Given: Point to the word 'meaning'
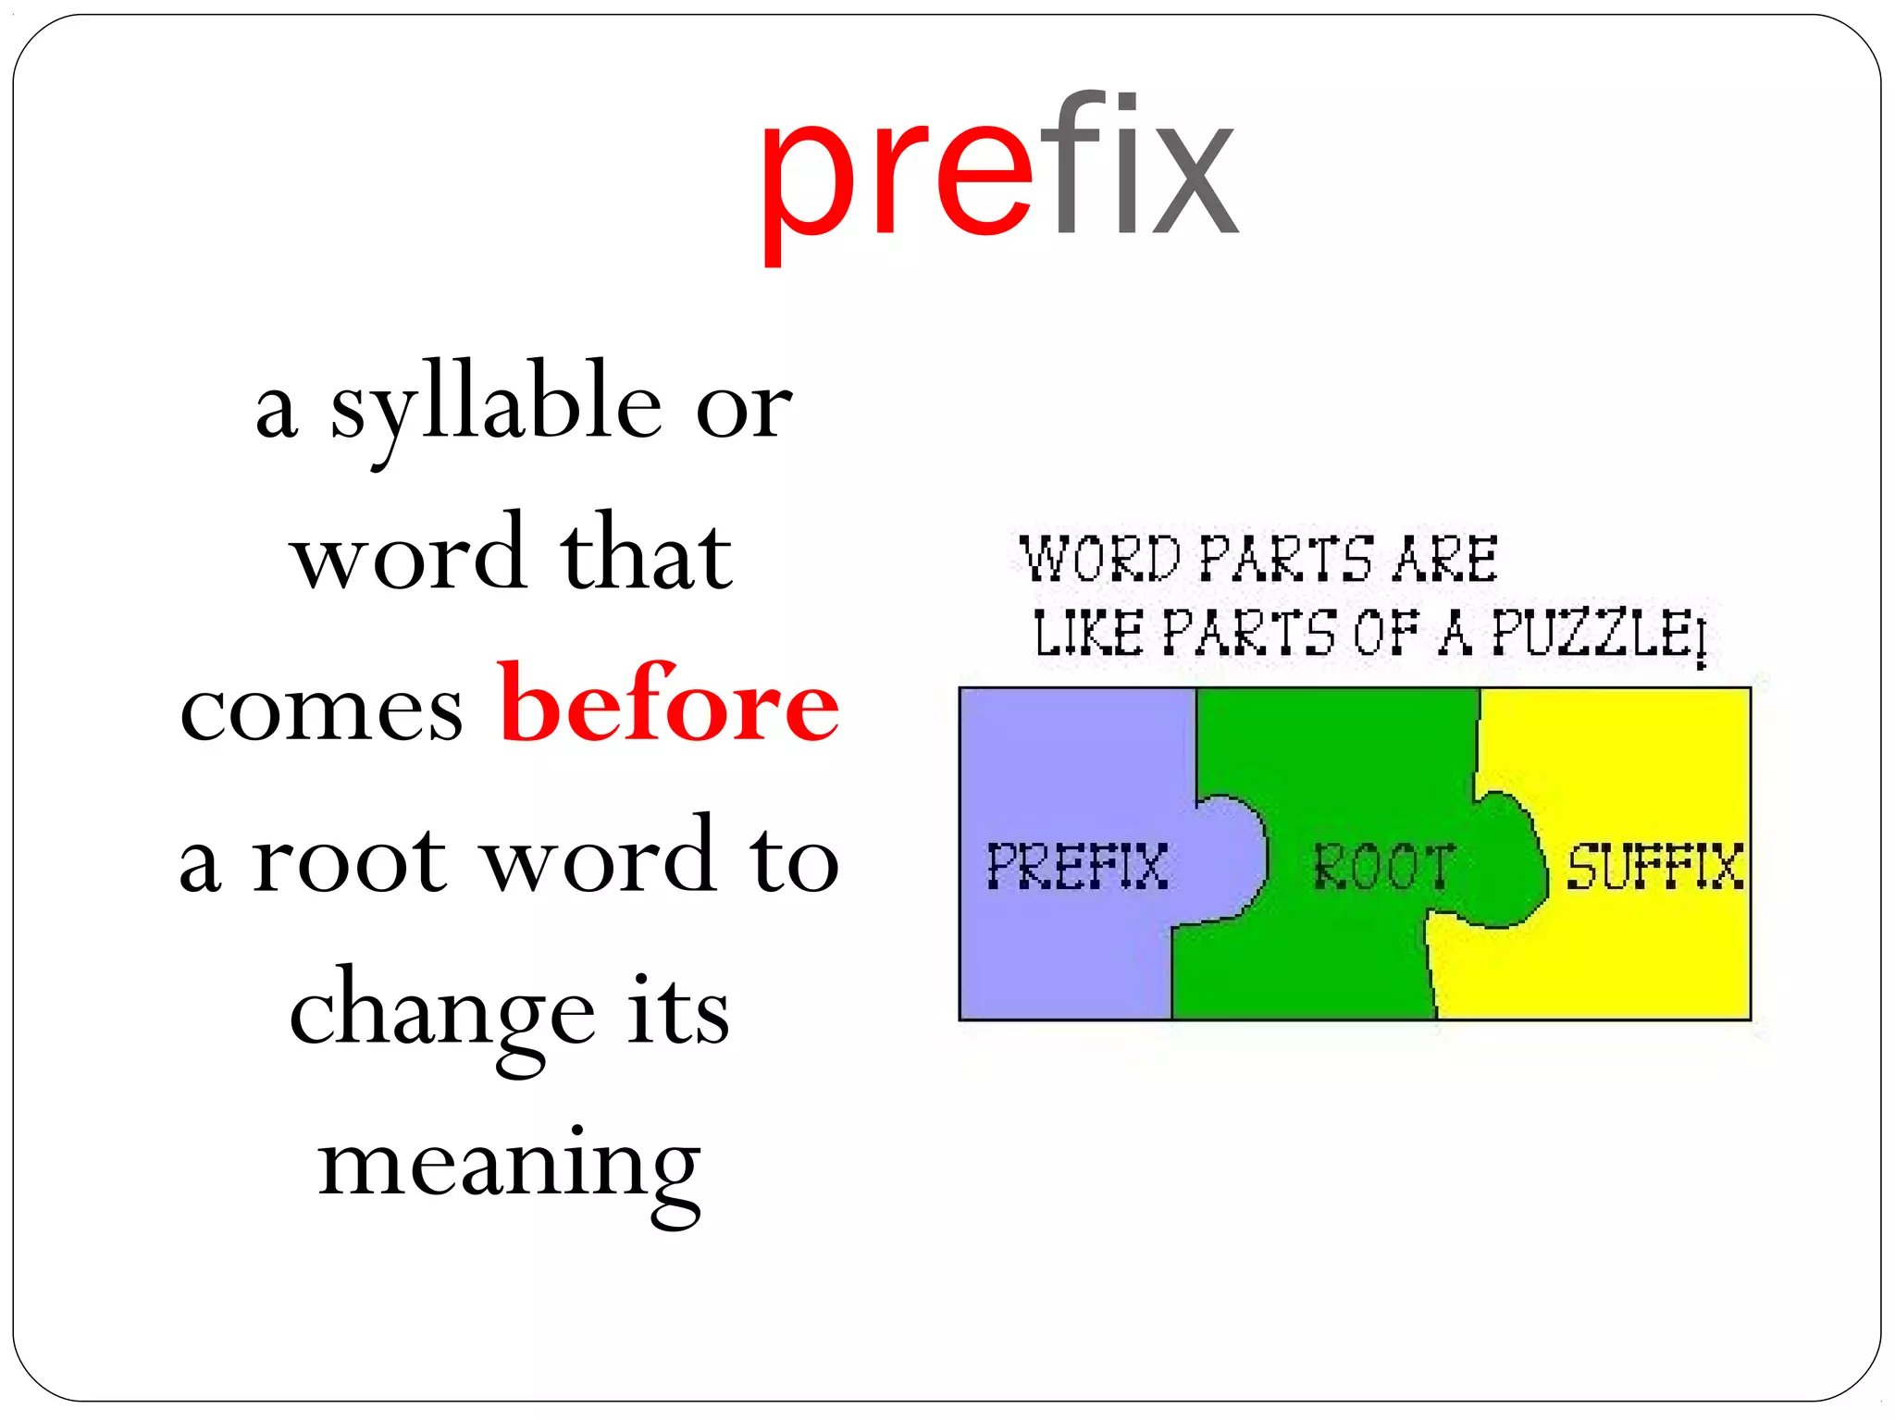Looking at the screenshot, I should point(509,1168).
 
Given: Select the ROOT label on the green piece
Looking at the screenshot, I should point(1383,868).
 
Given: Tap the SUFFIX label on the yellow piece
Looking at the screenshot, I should point(1653,867).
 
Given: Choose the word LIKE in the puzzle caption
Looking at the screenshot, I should point(1088,634).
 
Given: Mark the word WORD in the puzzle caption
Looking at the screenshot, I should point(1100,559).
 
